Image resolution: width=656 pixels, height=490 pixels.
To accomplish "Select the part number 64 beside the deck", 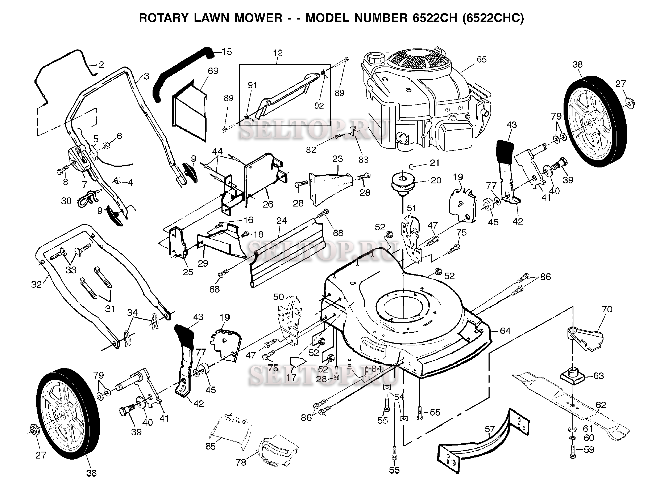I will (x=505, y=331).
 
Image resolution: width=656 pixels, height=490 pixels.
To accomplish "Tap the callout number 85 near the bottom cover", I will (x=210, y=446).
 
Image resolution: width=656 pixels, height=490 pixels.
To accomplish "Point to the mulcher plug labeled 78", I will (x=276, y=450).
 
